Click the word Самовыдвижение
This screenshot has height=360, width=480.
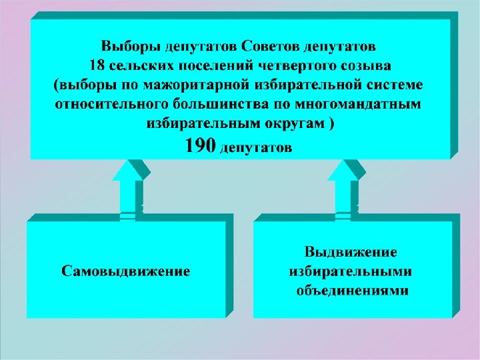[126, 271]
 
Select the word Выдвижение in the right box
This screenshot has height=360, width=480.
[351, 253]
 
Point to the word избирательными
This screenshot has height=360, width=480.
[351, 272]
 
